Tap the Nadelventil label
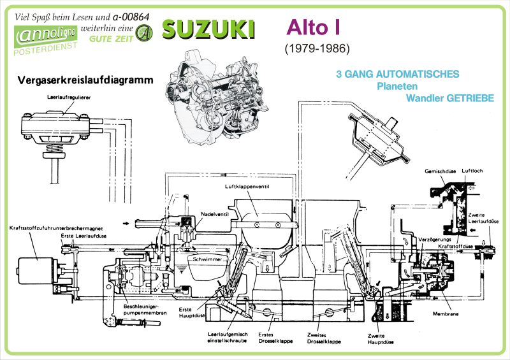pos(214,213)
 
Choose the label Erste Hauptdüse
pos(190,312)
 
